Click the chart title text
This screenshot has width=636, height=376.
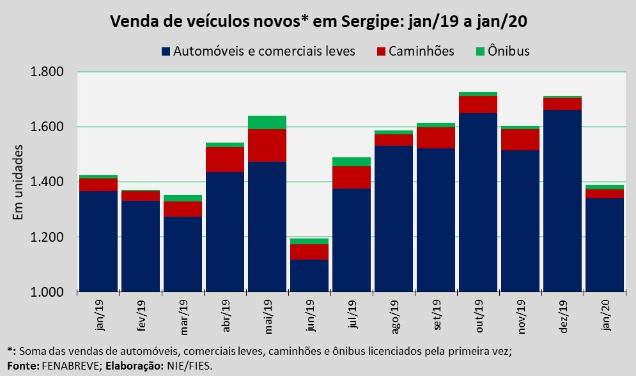click(x=318, y=20)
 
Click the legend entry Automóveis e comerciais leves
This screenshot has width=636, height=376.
click(x=259, y=51)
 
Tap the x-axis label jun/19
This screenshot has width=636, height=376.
click(x=309, y=315)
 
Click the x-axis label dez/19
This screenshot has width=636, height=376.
click(x=562, y=315)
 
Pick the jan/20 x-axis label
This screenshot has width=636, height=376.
click(x=605, y=315)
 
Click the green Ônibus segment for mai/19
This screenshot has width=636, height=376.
click(x=267, y=122)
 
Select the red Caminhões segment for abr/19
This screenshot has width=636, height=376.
click(x=225, y=159)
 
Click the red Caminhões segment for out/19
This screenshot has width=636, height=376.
click(x=478, y=104)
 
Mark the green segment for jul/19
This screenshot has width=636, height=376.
click(x=352, y=162)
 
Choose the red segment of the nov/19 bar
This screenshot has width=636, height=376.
click(x=520, y=139)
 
